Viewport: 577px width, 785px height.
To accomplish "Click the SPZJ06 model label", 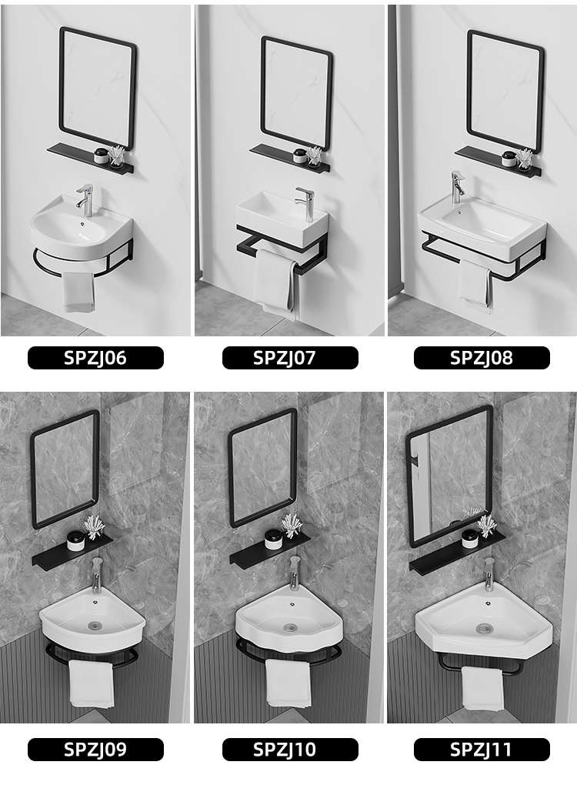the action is click(95, 358).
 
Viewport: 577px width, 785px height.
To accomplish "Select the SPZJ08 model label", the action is click(482, 358).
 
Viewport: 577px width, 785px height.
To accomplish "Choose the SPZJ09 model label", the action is click(95, 750).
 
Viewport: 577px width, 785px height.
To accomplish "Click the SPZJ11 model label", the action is click(482, 750).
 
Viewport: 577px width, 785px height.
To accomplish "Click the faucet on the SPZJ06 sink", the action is click(85, 200).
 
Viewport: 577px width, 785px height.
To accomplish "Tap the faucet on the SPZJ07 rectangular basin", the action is click(305, 203).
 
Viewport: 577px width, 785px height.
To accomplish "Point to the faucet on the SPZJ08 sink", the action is click(458, 189).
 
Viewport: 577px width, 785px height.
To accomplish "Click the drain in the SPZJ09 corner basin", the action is click(95, 625).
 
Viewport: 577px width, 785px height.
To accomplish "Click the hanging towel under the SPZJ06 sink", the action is click(78, 292).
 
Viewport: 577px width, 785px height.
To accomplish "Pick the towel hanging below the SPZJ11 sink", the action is click(482, 688).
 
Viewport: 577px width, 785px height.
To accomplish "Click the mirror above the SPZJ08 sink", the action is click(505, 92).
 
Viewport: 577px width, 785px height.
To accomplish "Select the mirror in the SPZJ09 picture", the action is click(65, 469).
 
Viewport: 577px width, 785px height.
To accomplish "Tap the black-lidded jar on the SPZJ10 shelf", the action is click(272, 539).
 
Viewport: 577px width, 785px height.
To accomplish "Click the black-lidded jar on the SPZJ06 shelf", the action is click(102, 155).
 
